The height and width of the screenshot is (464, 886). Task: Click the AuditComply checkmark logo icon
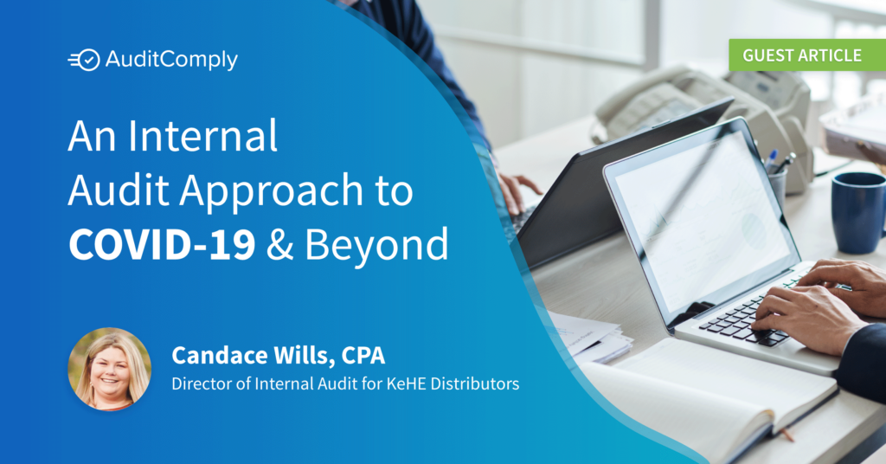coord(85,60)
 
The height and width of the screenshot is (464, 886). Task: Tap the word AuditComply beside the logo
coord(170,60)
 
